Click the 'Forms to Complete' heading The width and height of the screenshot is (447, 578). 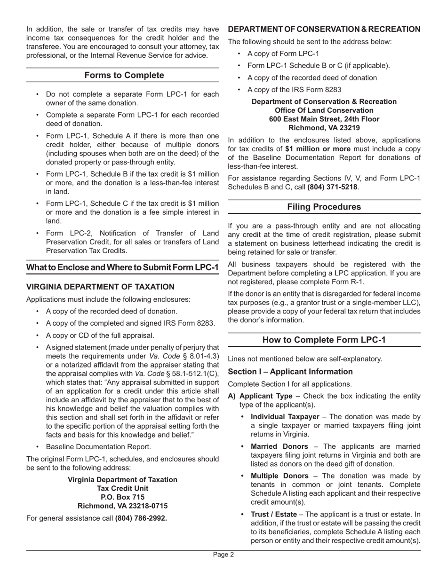coord(124,75)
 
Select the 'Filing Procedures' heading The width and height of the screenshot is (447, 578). coord(324,207)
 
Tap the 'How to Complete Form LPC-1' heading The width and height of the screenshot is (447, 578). coord(324,340)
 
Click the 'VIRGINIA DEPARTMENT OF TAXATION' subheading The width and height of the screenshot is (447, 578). coord(100,287)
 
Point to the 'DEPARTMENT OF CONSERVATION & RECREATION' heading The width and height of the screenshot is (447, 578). coord(324,29)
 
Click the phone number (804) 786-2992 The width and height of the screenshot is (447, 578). coord(141,518)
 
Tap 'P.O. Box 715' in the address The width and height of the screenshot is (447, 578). coord(123,497)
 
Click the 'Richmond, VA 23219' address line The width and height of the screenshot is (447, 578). coord(324,127)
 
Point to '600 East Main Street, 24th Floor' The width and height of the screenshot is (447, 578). coord(324,119)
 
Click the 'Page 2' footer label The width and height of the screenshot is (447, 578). coord(223,555)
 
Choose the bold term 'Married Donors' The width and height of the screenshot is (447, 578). coord(279,446)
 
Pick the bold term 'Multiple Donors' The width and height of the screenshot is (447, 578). coord(279,476)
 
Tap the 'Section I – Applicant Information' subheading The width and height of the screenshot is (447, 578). coord(290,371)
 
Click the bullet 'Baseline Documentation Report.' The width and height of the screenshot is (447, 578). coord(98,447)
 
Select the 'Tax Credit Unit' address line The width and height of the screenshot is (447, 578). coord(123,488)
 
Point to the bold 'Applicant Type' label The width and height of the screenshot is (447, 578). coord(266,396)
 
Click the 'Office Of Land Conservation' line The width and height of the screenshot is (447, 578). coord(324,110)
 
